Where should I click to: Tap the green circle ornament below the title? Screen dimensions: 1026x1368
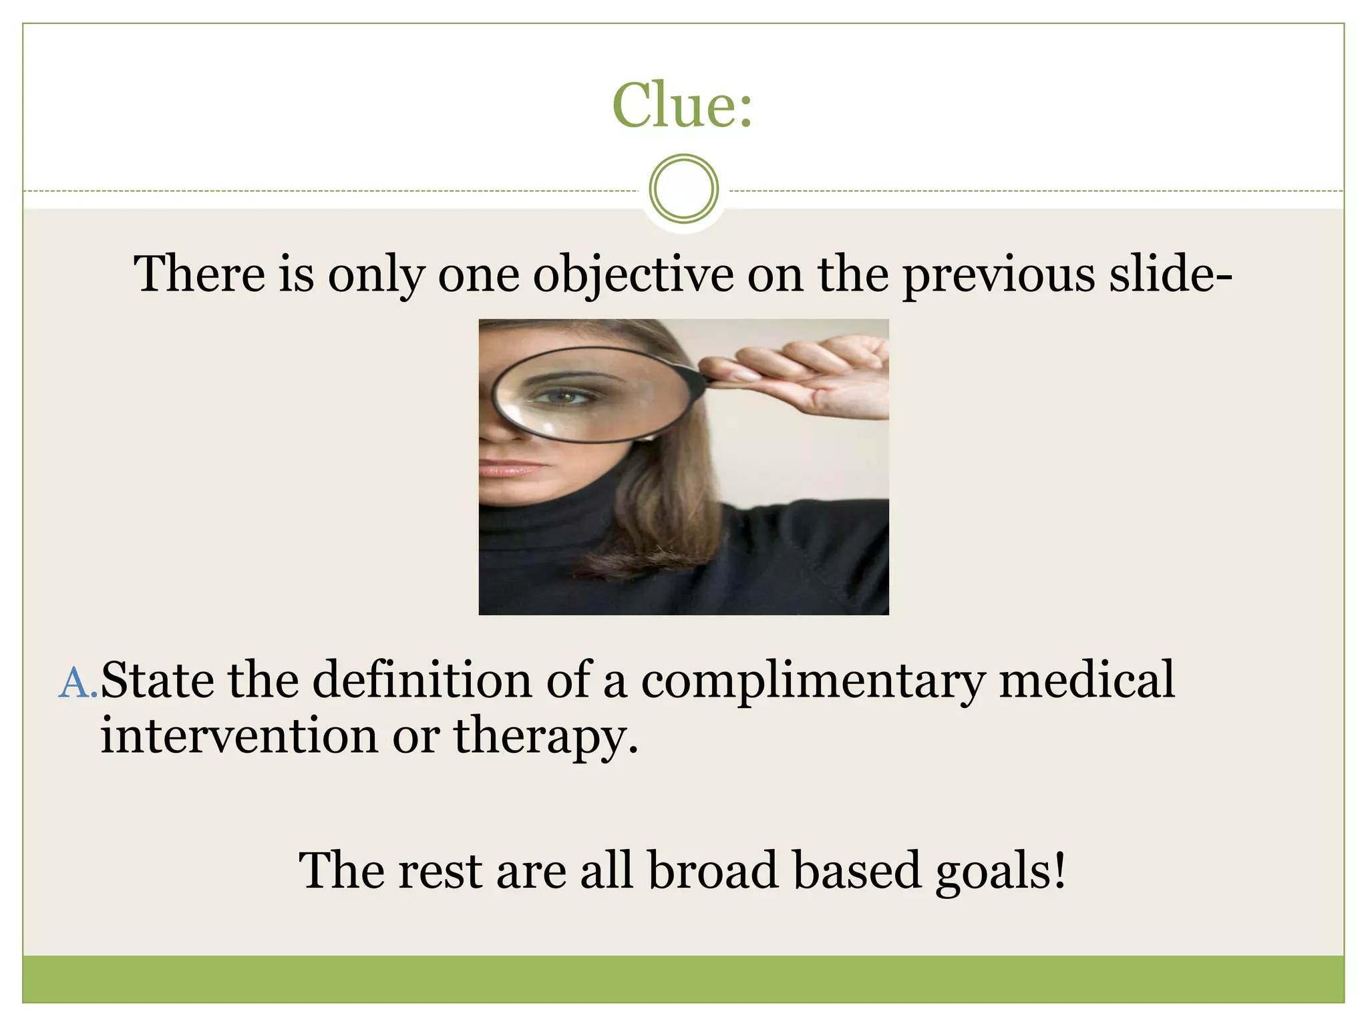(683, 188)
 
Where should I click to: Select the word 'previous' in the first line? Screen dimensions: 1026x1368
(999, 275)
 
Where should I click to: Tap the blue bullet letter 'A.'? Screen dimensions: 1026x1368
(78, 684)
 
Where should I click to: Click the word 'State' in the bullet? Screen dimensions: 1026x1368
(158, 680)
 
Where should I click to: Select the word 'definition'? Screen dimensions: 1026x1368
(422, 680)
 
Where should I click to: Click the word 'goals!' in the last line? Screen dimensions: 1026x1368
(1000, 872)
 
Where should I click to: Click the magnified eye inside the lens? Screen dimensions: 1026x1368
(565, 397)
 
